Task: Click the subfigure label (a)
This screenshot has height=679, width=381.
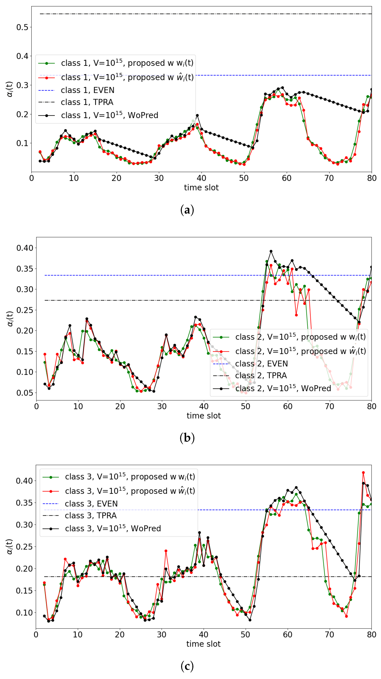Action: click(187, 210)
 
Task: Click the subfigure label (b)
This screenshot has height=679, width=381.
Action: click(187, 438)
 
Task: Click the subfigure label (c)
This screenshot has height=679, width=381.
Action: click(187, 666)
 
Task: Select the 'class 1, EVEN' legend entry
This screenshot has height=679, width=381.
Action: click(87, 90)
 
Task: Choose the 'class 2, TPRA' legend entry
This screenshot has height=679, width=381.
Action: click(261, 375)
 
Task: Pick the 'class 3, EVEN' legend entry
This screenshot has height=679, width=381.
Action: click(91, 504)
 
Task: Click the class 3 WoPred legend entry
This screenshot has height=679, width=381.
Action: click(113, 528)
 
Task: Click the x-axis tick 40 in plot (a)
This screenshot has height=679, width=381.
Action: click(201, 178)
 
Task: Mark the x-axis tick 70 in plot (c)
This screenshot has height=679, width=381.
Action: click(330, 634)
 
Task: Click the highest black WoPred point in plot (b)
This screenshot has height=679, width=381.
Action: click(271, 251)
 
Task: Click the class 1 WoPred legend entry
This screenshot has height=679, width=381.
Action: click(110, 115)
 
